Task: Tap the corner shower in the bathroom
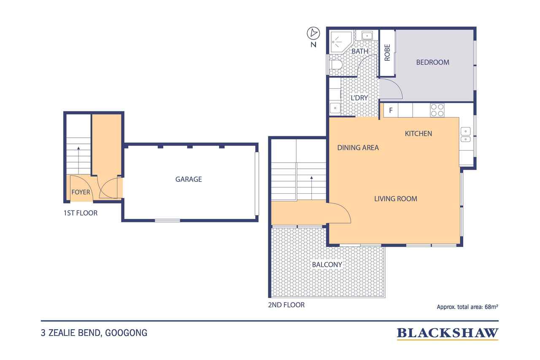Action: click(340, 42)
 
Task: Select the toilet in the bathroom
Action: click(336, 65)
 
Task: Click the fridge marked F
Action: click(391, 111)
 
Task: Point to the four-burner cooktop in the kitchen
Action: click(437, 110)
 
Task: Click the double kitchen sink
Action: click(465, 135)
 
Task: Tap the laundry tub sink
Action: click(335, 108)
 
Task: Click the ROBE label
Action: click(387, 53)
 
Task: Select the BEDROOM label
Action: click(432, 62)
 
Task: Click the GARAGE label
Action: click(189, 179)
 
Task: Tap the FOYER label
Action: click(81, 192)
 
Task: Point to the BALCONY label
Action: click(327, 265)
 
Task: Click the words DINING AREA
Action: click(358, 148)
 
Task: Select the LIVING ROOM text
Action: click(396, 199)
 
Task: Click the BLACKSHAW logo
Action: click(448, 333)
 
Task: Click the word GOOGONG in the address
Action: click(126, 333)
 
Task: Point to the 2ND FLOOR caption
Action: click(286, 305)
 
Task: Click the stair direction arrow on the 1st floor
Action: click(78, 160)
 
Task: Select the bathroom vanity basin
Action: click(367, 36)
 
